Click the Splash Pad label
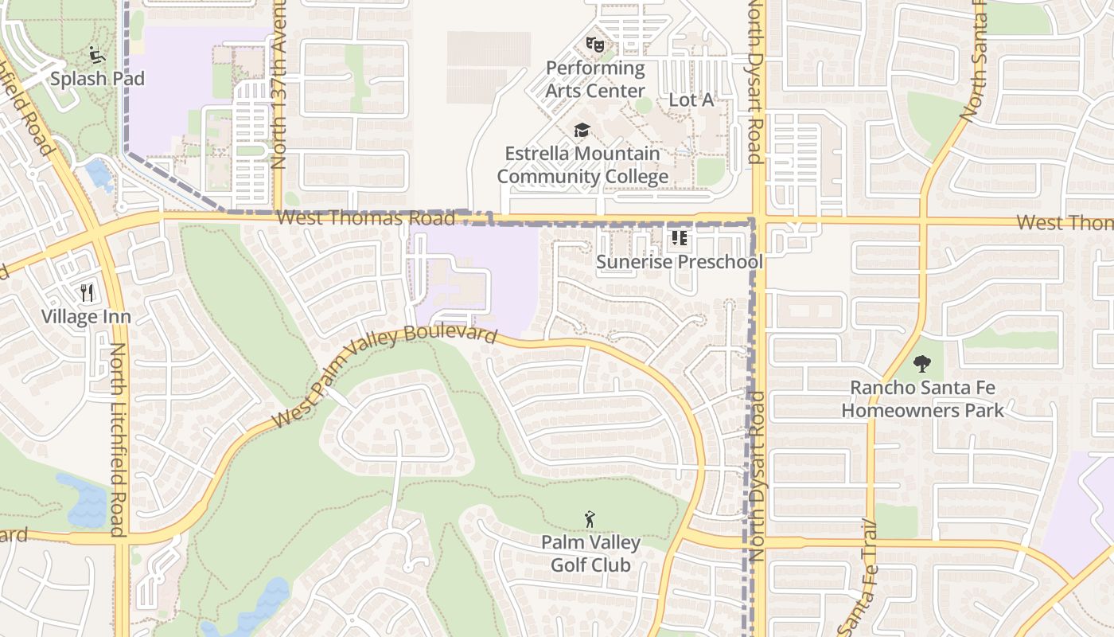(x=98, y=79)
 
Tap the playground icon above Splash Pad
(x=97, y=55)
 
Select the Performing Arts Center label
(x=595, y=80)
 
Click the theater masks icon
(x=594, y=44)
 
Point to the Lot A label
(x=691, y=100)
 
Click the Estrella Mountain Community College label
(x=582, y=165)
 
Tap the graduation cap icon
(x=582, y=130)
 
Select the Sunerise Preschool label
(x=680, y=262)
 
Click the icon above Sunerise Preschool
(x=679, y=238)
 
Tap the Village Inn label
(x=86, y=317)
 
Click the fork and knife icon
(x=87, y=293)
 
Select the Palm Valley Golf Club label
(x=590, y=554)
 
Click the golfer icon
(x=590, y=520)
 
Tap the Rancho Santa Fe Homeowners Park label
(x=922, y=400)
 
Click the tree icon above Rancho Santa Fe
(x=922, y=365)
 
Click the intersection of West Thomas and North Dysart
(x=756, y=219)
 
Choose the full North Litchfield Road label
(x=119, y=440)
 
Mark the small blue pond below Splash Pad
(x=99, y=173)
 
